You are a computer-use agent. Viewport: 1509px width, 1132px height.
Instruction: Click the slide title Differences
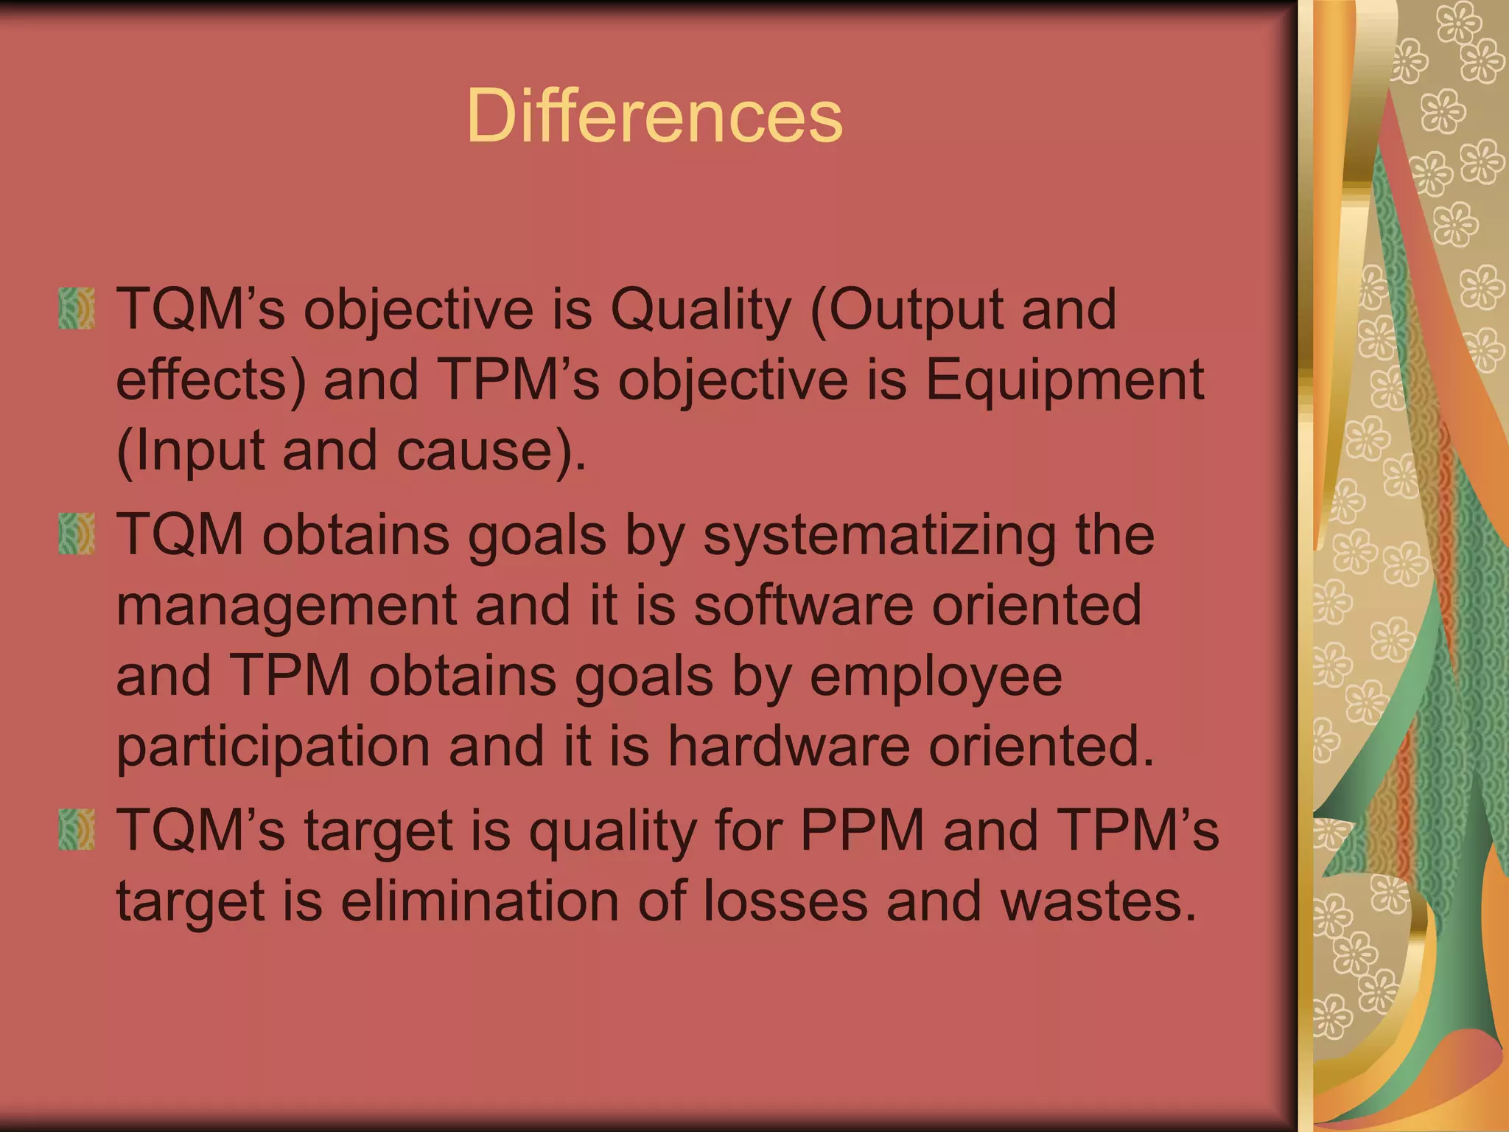point(654,116)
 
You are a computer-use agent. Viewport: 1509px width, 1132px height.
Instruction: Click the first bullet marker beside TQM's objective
point(77,308)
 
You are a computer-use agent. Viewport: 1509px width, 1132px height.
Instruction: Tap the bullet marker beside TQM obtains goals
point(77,534)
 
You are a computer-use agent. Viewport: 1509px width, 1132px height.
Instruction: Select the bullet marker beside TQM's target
point(77,830)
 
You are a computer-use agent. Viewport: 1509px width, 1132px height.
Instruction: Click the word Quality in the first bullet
point(700,310)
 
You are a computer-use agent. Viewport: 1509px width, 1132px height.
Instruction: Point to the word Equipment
point(1064,380)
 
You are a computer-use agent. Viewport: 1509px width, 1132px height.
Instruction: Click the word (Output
point(906,310)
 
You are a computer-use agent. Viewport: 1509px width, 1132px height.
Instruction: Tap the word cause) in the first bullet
point(492,451)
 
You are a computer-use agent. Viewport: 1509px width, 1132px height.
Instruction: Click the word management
point(287,606)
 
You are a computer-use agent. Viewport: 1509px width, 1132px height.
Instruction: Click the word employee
point(936,677)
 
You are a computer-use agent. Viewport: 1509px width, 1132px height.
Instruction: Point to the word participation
point(273,747)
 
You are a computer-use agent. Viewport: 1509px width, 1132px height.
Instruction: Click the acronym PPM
point(862,830)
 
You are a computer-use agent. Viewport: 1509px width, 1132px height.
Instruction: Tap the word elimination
point(479,901)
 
